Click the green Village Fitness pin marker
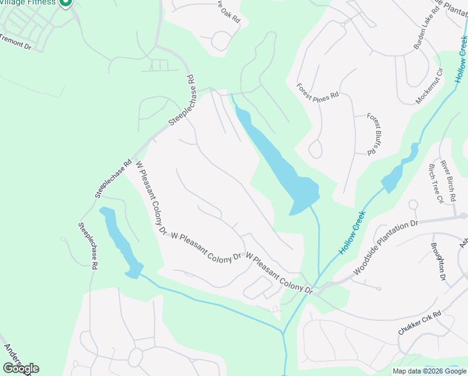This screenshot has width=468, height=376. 65,3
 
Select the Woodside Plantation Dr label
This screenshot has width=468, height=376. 385,248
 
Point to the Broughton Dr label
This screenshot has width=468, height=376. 438,261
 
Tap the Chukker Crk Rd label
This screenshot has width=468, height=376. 420,322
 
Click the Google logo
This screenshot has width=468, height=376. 21,368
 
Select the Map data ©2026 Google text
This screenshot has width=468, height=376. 430,371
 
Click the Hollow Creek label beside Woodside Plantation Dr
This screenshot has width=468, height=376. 352,231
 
